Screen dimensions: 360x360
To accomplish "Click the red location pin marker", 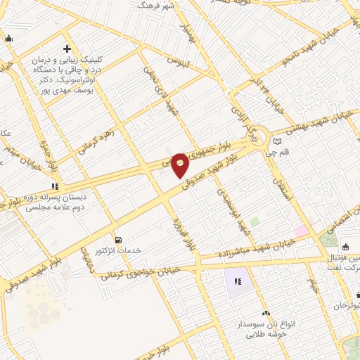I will [x=180, y=164].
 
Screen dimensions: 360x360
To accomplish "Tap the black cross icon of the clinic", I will [x=66, y=49].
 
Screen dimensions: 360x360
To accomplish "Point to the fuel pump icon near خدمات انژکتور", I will [x=117, y=239].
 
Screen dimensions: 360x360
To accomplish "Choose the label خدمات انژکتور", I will [x=117, y=251].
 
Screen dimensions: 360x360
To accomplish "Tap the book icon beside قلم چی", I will [x=277, y=141].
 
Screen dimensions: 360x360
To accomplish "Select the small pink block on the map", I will [x=301, y=231].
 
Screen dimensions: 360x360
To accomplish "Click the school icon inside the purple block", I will [x=237, y=282].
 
